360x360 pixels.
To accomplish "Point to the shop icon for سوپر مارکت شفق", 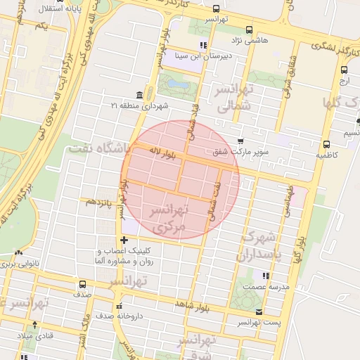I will (241, 141).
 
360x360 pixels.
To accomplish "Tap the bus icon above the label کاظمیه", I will (326, 143).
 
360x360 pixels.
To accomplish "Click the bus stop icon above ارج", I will (344, 70).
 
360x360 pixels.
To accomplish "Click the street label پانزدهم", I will (100, 202).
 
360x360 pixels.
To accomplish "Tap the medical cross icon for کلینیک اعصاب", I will (124, 240).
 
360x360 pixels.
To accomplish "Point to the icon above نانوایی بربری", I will (18, 254).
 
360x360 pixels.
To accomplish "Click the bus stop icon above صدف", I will (83, 285).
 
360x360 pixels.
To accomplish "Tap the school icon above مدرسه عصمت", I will (265, 276).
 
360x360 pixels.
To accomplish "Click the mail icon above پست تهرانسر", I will (260, 311).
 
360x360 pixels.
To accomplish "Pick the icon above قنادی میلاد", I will (35, 324).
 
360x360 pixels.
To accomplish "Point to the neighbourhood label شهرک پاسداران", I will (261, 246).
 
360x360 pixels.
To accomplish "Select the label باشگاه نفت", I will (99, 148).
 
